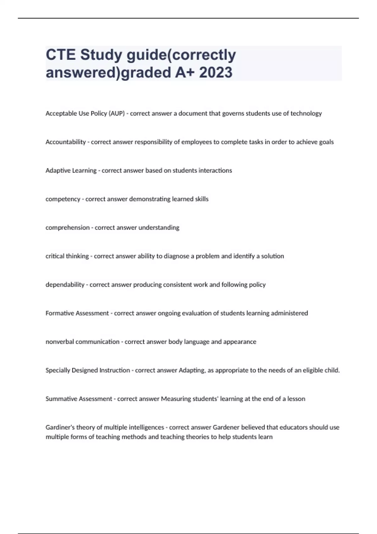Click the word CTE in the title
tap(61, 55)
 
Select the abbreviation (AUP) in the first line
tap(117, 113)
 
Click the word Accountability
tap(66, 142)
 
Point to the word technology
tap(306, 113)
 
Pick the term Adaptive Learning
tap(71, 171)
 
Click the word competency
tap(63, 199)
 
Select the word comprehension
tap(68, 228)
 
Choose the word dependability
tap(65, 285)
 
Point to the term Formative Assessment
tap(77, 313)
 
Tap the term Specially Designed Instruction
tap(88, 370)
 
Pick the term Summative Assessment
tap(79, 399)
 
